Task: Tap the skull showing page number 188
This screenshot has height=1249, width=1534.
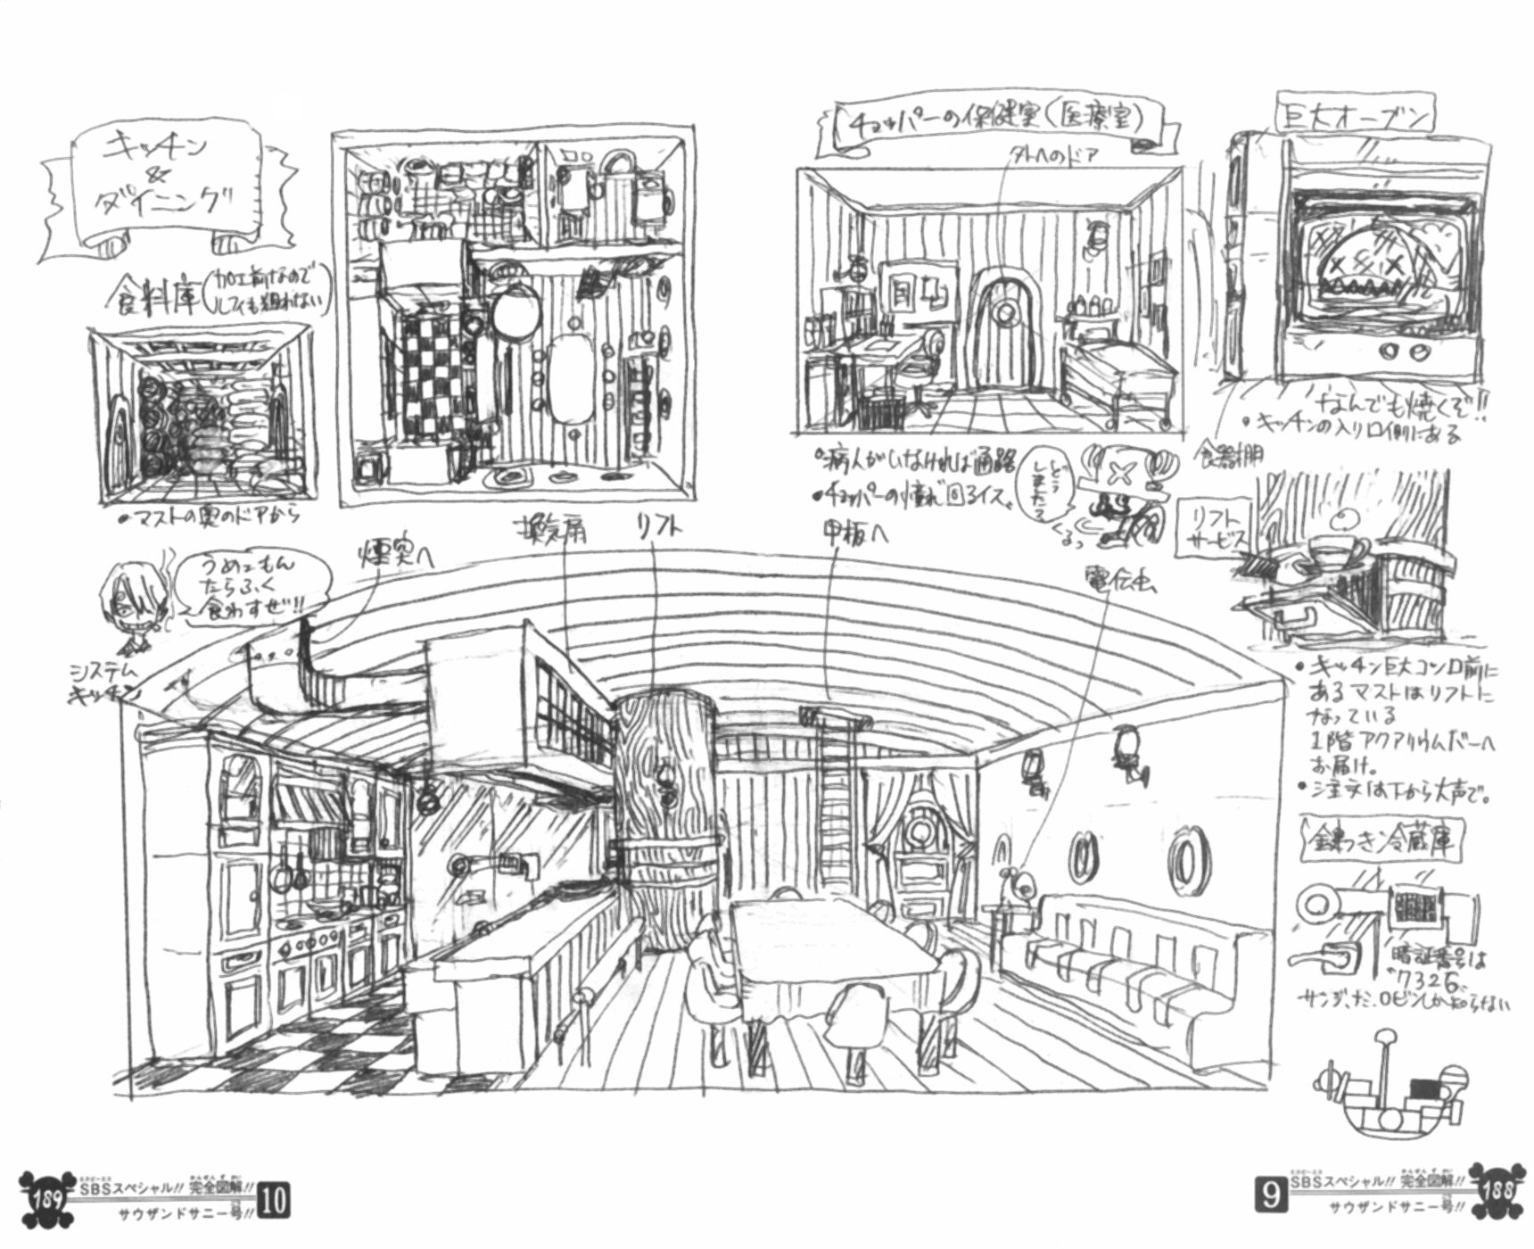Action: [1496, 1191]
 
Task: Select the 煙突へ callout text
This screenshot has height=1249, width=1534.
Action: [395, 555]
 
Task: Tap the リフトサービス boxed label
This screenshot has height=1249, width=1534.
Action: [1214, 532]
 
